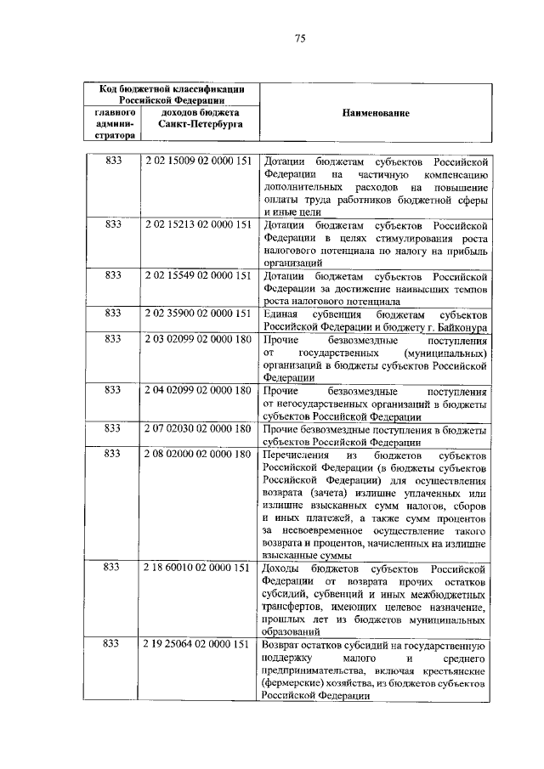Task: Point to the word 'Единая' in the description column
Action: tap(281, 314)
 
